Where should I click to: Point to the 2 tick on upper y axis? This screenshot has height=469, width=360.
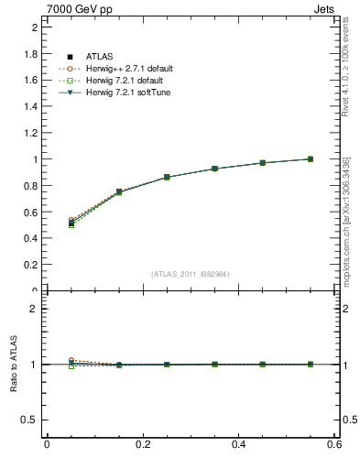(x=35, y=27)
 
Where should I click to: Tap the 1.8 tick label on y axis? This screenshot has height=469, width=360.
(x=31, y=54)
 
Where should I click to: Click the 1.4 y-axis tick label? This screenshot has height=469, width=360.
(x=31, y=106)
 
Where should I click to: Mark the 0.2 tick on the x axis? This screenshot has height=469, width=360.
(x=142, y=444)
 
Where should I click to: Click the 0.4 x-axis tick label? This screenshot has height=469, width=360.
(x=238, y=444)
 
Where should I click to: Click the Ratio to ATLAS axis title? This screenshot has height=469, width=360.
(x=14, y=364)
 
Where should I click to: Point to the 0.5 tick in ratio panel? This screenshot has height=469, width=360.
(x=31, y=420)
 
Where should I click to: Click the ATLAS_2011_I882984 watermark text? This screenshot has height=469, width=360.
(x=191, y=274)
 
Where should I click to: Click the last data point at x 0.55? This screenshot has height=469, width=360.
(x=310, y=158)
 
